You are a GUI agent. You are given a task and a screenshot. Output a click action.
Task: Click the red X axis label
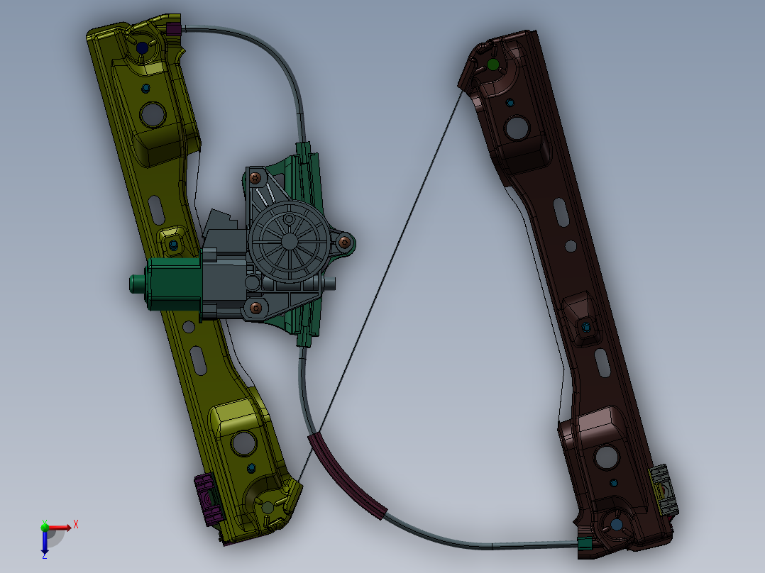pyautogui.click(x=76, y=525)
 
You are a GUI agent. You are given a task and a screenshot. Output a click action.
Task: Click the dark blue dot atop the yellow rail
pyautogui.click(x=142, y=48)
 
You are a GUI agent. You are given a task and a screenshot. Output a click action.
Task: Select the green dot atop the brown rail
pyautogui.click(x=492, y=65)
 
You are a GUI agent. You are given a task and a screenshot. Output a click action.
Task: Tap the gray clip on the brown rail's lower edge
pyautogui.click(x=664, y=489)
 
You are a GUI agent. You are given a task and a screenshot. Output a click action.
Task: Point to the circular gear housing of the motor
pyautogui.click(x=290, y=241)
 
